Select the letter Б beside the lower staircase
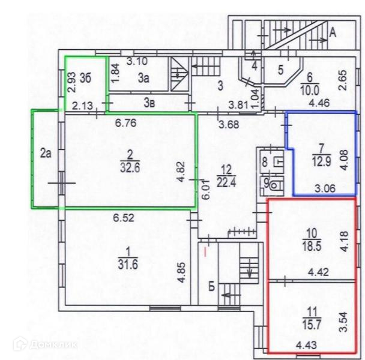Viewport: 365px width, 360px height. (211, 284)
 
